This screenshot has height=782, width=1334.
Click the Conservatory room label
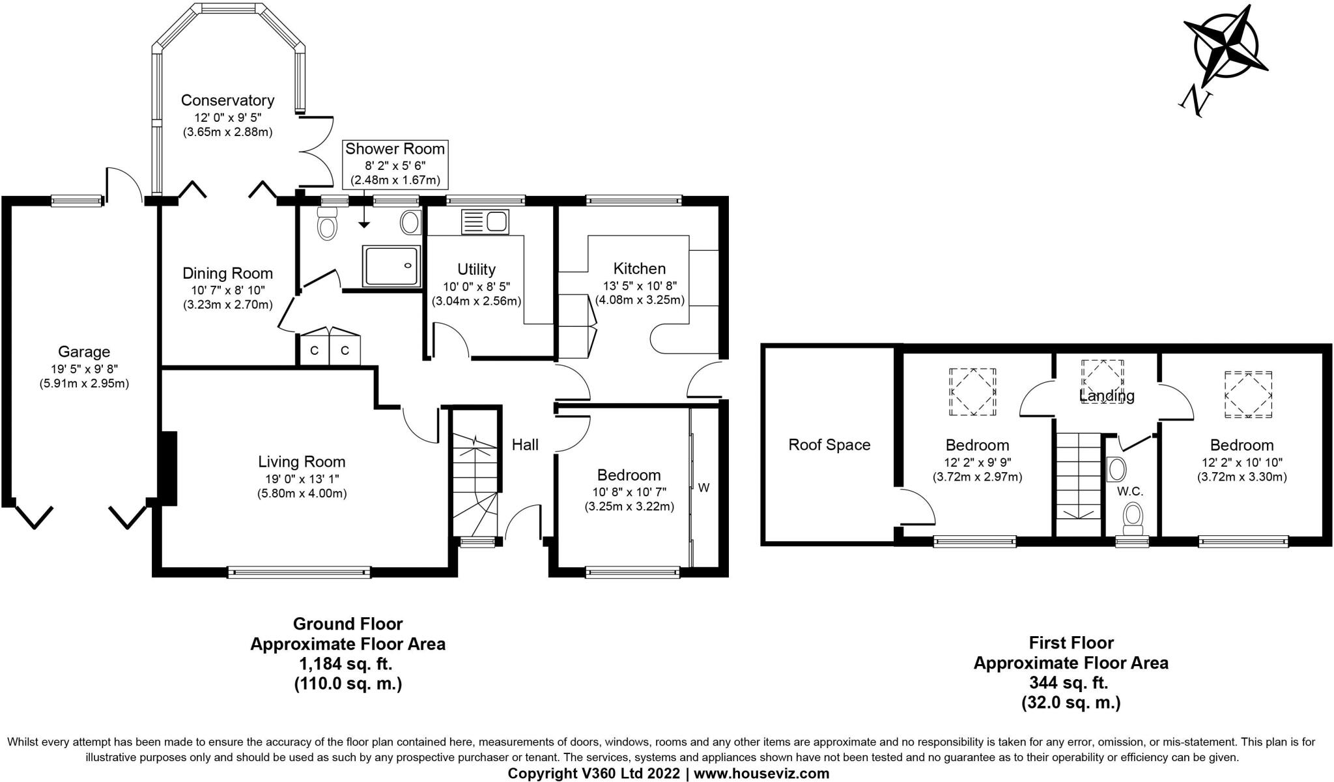click(x=227, y=100)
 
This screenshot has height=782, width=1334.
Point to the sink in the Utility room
click(x=484, y=222)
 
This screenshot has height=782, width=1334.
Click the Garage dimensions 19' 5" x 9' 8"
click(x=84, y=368)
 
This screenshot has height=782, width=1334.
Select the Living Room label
click(x=302, y=462)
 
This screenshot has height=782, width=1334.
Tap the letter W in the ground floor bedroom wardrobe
click(x=704, y=488)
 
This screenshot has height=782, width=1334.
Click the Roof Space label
click(x=829, y=445)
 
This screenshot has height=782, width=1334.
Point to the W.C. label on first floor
click(x=1130, y=491)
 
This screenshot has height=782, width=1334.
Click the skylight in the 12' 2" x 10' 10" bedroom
click(x=1249, y=395)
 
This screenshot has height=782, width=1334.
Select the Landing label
click(x=1107, y=395)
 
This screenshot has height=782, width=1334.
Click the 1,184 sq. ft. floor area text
click(x=347, y=664)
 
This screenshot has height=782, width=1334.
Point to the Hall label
click(x=525, y=445)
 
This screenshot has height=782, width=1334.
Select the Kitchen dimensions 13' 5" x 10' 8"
click(x=639, y=285)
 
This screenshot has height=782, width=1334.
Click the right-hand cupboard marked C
click(x=345, y=350)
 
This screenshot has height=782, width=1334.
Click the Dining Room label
click(x=227, y=273)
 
